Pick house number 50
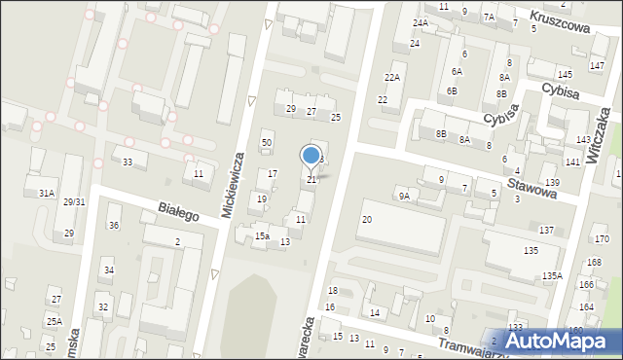(266, 143)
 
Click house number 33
(127, 162)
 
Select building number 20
(366, 220)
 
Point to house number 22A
(392, 77)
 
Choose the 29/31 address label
(75, 202)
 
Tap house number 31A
(46, 194)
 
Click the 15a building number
(262, 236)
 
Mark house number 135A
(552, 276)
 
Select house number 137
(546, 231)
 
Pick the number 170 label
(603, 239)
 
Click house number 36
(114, 226)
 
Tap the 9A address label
(403, 196)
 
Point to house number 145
(565, 75)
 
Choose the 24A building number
(420, 22)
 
